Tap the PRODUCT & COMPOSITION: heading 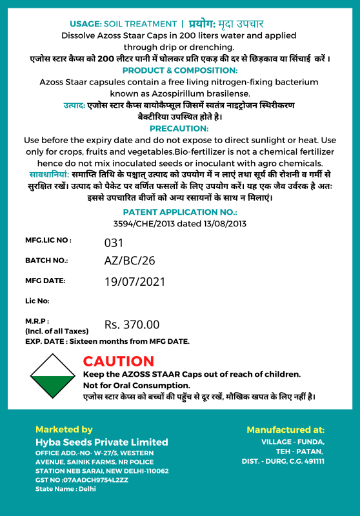click(180, 70)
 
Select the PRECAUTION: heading click(179, 128)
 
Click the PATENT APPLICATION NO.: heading click(180, 212)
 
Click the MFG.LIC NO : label click(48, 240)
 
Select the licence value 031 click(114, 243)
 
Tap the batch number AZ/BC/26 click(130, 261)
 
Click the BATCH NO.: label click(46, 261)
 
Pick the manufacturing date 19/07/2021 click(135, 281)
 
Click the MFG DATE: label click(45, 281)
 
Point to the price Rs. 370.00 click(132, 324)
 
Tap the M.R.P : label click(37, 320)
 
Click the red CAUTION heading click(119, 361)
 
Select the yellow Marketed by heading click(64, 429)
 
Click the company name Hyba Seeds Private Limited click(101, 442)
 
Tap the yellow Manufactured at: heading click(285, 429)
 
